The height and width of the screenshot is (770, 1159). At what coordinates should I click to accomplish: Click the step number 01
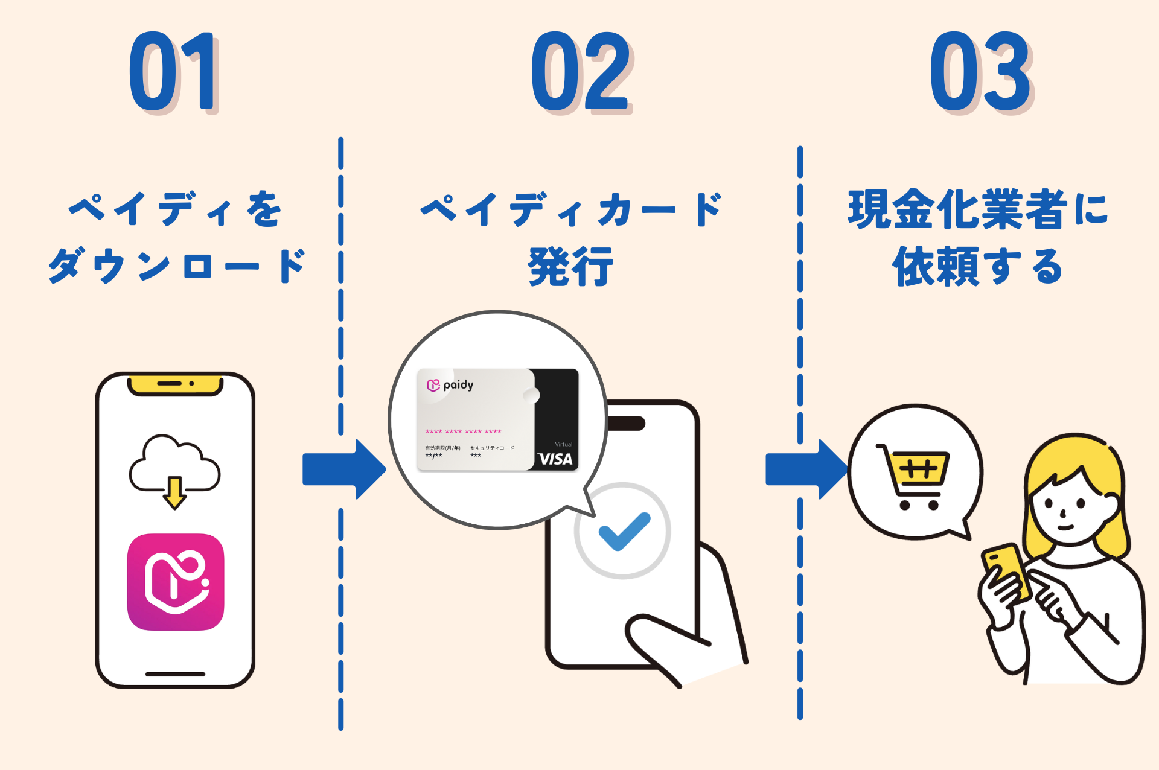click(173, 72)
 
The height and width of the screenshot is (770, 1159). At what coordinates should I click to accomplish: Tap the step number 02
click(581, 72)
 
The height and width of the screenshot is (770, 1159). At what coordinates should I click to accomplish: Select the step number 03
click(981, 72)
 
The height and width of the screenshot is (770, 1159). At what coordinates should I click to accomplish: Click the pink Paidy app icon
click(176, 582)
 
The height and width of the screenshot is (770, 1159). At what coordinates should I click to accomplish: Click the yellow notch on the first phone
click(175, 385)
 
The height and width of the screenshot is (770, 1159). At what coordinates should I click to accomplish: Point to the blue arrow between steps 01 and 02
click(343, 469)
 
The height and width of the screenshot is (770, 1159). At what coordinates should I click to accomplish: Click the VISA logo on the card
click(555, 459)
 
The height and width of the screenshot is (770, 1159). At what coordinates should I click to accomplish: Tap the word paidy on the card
click(458, 385)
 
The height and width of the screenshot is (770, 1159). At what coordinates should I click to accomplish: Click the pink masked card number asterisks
click(463, 432)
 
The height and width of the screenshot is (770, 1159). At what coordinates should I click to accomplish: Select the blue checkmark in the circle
click(624, 531)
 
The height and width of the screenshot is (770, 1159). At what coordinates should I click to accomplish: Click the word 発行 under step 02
click(570, 266)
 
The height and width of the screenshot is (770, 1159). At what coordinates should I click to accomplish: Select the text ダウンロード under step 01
click(176, 266)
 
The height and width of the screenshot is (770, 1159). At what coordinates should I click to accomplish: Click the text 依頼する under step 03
click(978, 266)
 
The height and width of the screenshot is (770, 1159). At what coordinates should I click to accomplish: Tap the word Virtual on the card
click(563, 444)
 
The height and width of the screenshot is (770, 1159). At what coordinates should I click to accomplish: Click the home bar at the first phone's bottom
click(175, 673)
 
